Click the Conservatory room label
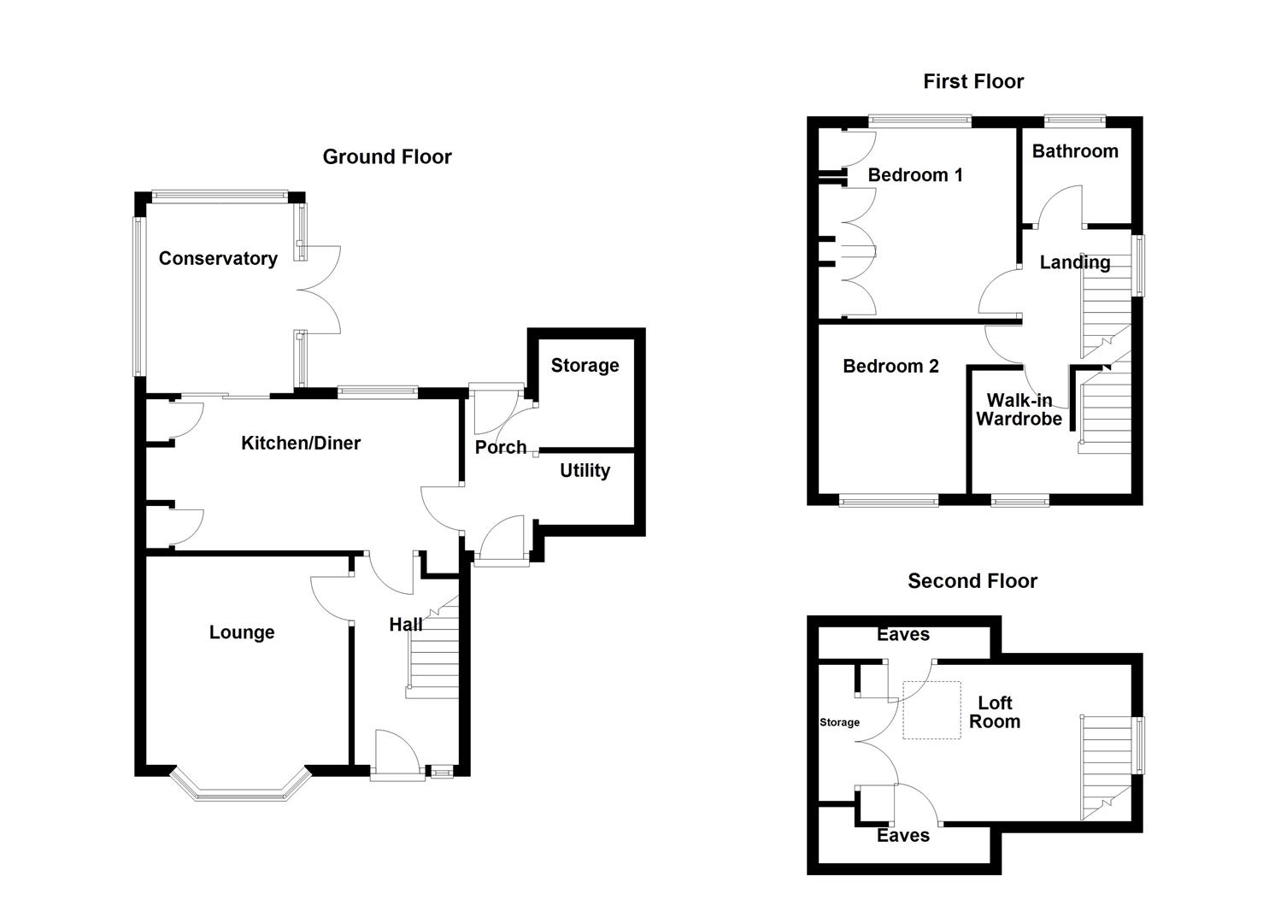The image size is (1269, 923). [218, 258]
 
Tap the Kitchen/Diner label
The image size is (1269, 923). [301, 443]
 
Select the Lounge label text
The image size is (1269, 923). [242, 632]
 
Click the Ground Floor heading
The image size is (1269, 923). [387, 156]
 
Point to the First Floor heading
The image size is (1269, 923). [973, 81]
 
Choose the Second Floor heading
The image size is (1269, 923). [972, 581]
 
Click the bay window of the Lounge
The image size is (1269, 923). [239, 791]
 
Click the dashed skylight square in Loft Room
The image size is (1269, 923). [931, 710]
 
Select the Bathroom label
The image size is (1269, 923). [1075, 151]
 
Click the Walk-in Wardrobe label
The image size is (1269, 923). [1019, 409]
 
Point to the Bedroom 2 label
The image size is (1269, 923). [890, 366]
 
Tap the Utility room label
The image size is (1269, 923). [585, 470]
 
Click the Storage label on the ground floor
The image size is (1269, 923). [585, 366]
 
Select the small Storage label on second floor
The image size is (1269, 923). [839, 722]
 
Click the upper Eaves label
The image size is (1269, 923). [903, 634]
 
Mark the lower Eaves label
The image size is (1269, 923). [903, 836]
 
